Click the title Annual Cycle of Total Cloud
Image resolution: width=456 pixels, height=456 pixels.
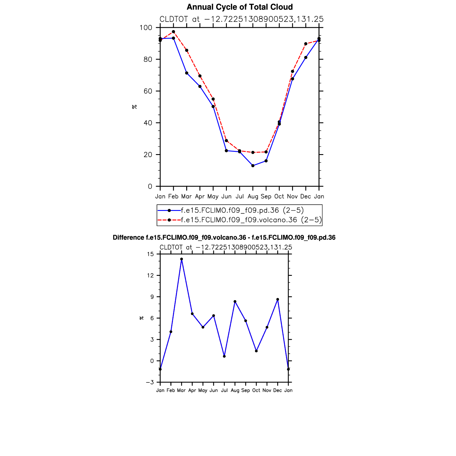[x=240, y=7]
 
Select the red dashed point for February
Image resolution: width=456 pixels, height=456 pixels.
[x=173, y=32]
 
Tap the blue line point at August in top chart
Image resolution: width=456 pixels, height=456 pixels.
[x=253, y=166]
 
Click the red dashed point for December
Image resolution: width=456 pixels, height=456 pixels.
[x=306, y=44]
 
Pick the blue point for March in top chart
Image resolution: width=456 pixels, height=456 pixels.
[x=187, y=73]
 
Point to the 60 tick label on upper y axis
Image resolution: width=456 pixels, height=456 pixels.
[x=147, y=91]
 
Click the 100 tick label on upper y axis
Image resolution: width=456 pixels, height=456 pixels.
[x=146, y=28]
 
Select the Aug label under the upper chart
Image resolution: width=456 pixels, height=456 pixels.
[x=253, y=196]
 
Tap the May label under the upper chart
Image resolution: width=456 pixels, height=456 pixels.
[x=213, y=196]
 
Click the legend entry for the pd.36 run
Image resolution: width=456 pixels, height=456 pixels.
[x=242, y=210]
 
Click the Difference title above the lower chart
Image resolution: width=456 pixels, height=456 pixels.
[x=224, y=238]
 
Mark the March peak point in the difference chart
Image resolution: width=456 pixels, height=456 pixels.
[x=181, y=259]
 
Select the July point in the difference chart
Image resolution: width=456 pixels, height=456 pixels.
[x=224, y=356]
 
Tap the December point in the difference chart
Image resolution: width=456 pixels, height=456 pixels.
[x=278, y=299]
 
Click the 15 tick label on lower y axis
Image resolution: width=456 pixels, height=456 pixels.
[x=150, y=254]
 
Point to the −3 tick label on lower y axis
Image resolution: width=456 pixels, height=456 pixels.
[x=150, y=382]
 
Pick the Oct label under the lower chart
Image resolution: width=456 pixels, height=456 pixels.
[x=256, y=390]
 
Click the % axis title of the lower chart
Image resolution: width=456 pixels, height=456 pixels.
[x=142, y=318]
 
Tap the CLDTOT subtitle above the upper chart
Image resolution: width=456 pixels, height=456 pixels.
[x=241, y=19]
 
